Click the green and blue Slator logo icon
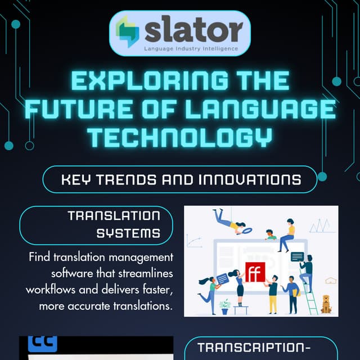tap(128, 31)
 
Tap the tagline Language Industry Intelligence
tap(191, 49)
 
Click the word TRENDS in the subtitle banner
tap(130, 180)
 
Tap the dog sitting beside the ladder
tap(326, 304)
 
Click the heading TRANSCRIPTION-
tap(254, 347)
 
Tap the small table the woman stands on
tap(241, 309)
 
